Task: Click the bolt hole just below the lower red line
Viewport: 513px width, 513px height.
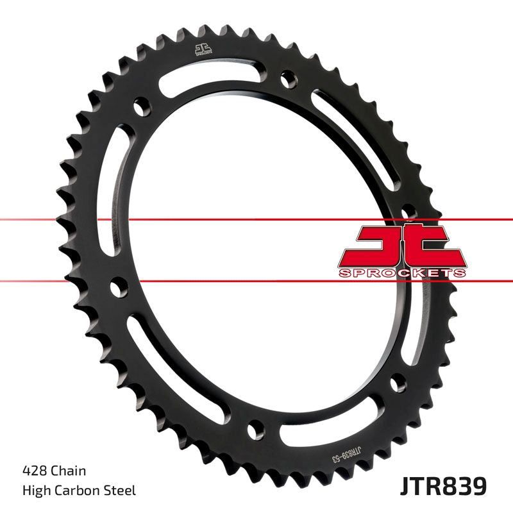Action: (117, 287)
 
